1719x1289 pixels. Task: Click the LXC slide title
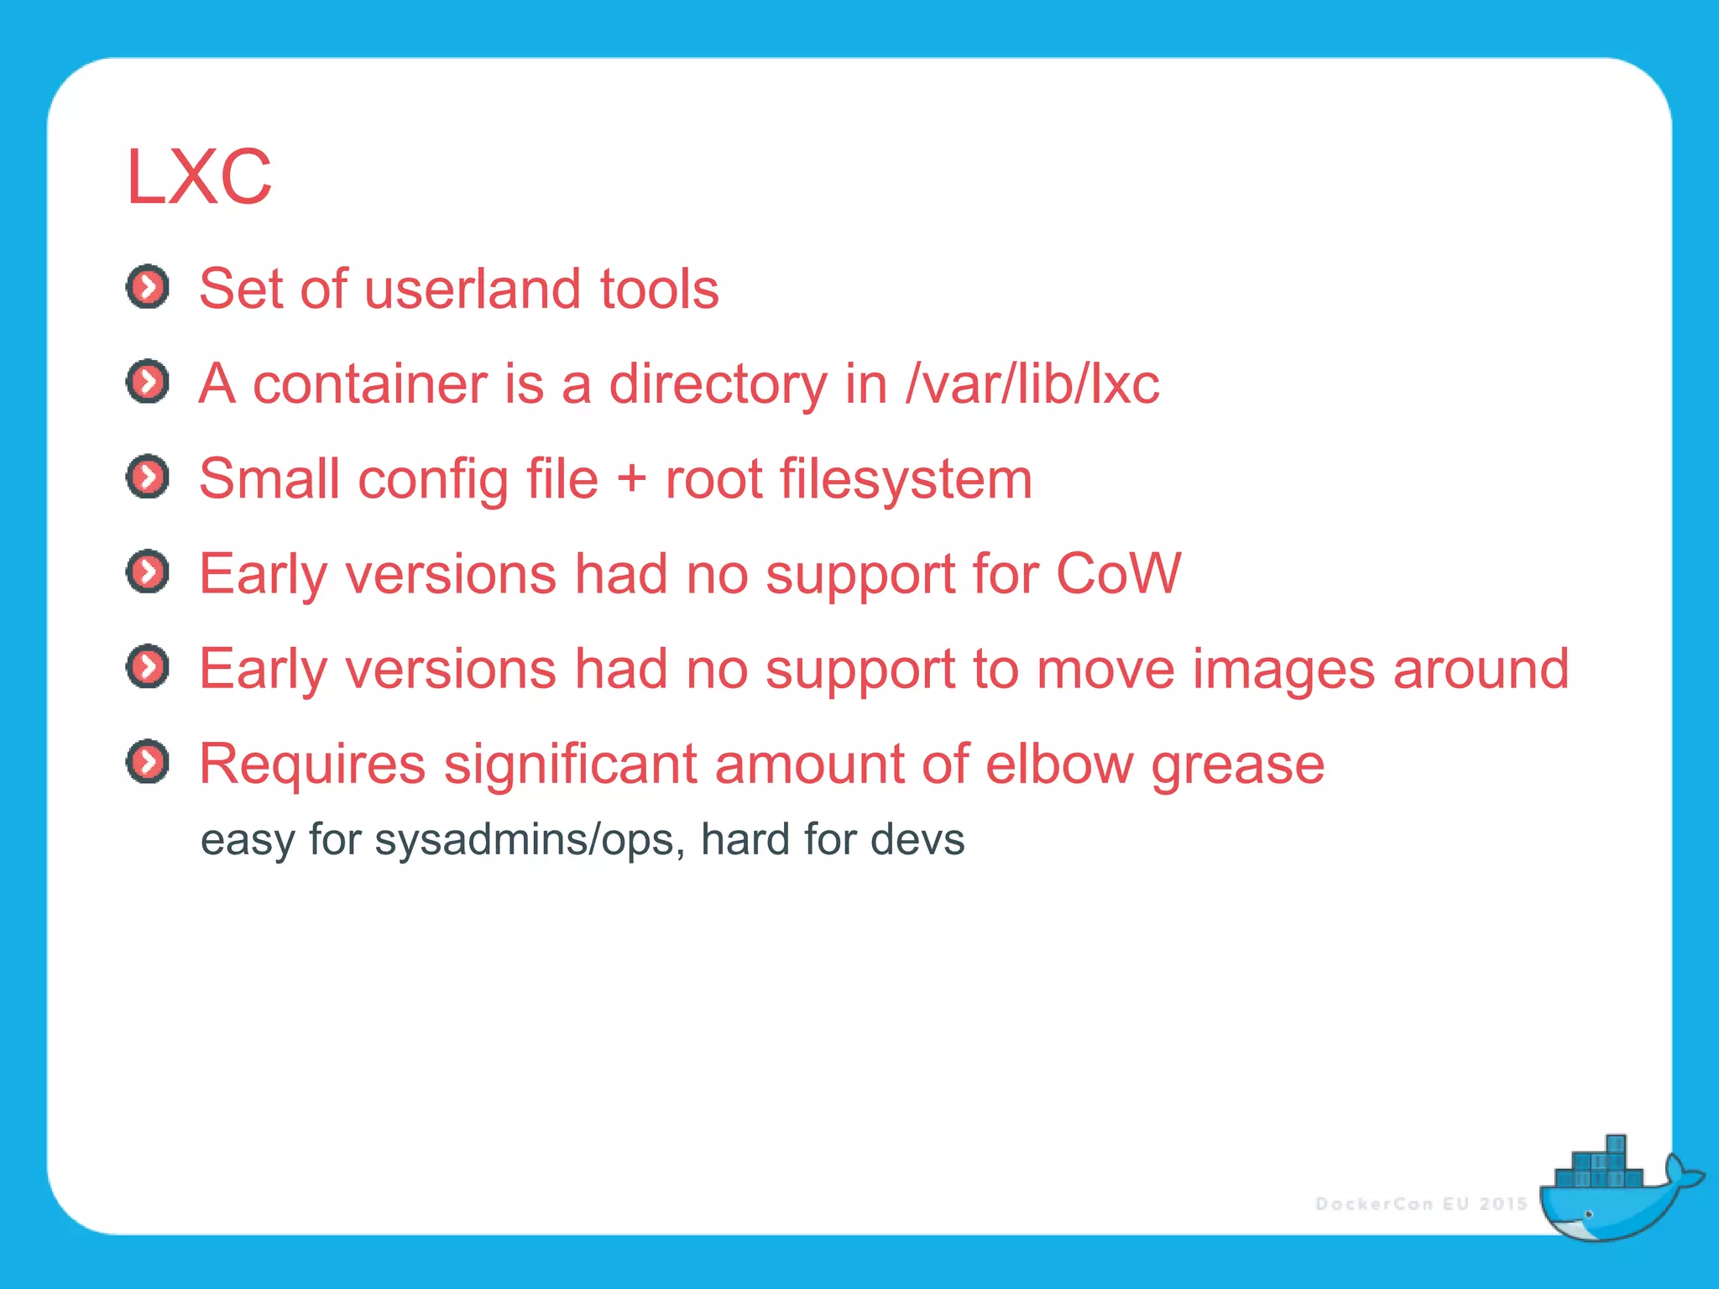[x=199, y=177]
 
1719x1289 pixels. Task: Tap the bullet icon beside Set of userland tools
[x=148, y=287]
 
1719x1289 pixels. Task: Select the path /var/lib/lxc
[x=1032, y=384]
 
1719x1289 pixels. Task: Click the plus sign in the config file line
[x=631, y=480]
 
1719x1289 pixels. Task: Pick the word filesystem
[x=906, y=480]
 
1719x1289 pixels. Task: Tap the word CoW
[x=1118, y=574]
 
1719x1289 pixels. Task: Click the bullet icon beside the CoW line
[x=148, y=572]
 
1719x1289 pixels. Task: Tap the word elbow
[x=1058, y=765]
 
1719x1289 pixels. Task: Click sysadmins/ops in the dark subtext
[x=524, y=840]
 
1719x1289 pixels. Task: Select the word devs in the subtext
[x=917, y=840]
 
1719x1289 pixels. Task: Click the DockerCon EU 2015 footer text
[x=1421, y=1204]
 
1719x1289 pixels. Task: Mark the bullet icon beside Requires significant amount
[x=148, y=762]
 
